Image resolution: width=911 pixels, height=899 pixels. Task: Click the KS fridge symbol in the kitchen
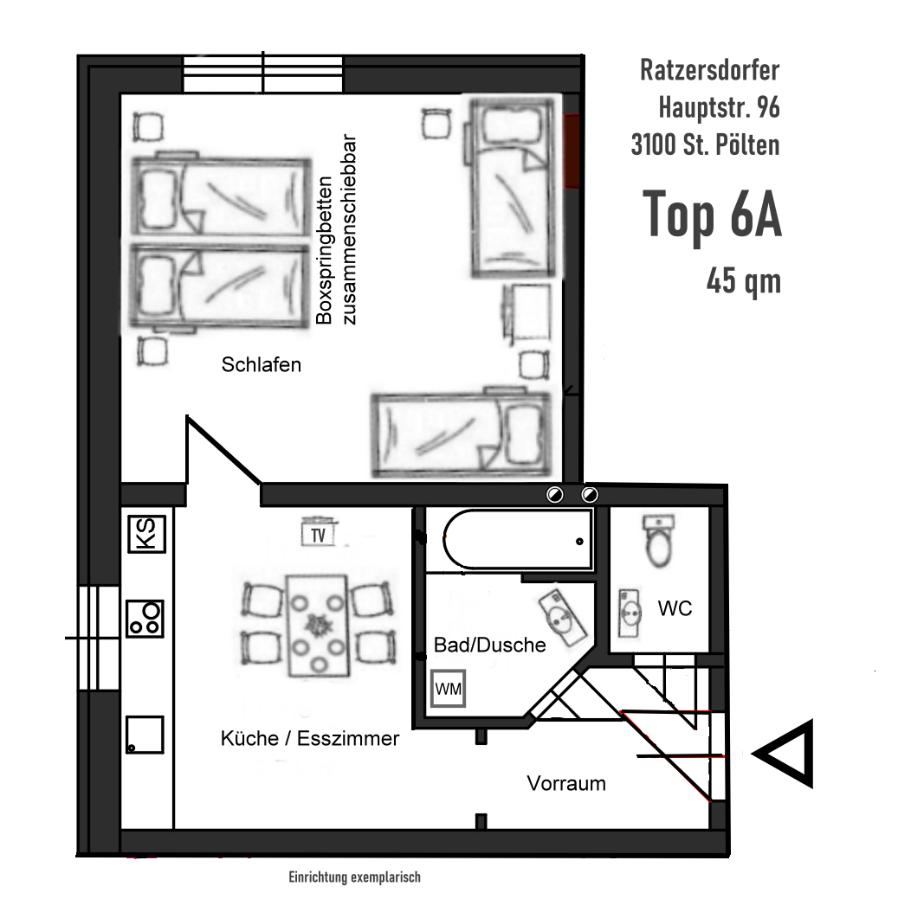145,534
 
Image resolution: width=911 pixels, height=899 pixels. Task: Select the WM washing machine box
448,689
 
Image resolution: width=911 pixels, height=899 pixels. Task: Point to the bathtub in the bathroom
517,541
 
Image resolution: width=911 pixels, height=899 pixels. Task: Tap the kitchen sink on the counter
145,735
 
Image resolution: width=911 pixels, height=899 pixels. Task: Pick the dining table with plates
317,626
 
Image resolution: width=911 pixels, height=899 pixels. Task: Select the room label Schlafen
262,364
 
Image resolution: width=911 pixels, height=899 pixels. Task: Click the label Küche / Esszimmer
310,738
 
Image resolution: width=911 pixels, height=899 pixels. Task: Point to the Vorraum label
566,783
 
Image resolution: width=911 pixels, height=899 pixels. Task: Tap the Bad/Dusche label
489,645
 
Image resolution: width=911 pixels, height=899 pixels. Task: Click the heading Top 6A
712,217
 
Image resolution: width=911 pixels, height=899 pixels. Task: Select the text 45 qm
743,281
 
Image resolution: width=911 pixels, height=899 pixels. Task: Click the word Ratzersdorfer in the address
709,71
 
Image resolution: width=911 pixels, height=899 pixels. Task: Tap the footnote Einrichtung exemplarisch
354,877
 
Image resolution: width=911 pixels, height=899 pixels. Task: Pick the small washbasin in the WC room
630,613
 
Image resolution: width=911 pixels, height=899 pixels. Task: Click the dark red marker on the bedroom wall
572,151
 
